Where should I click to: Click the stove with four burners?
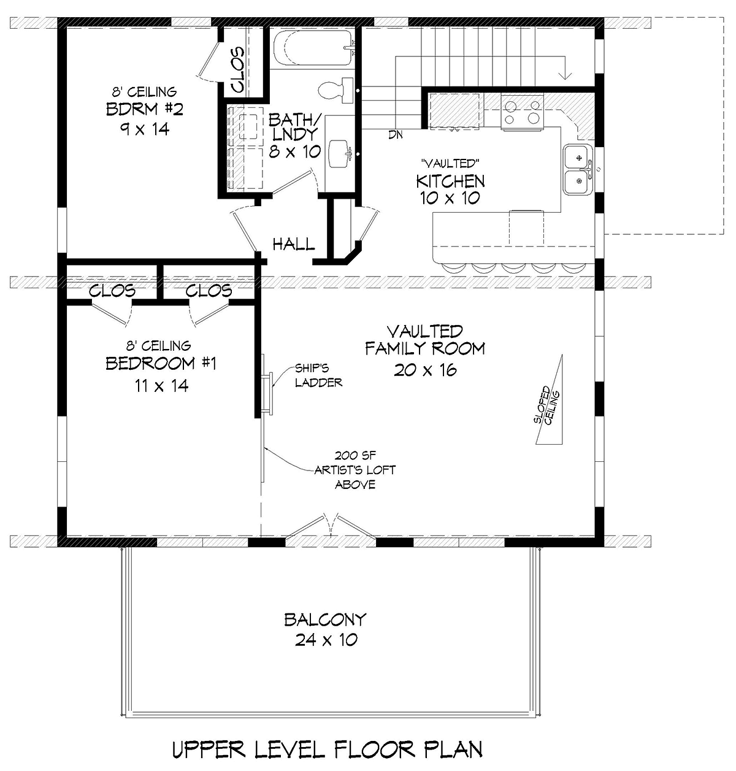pos(522,112)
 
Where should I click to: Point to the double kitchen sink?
pos(578,169)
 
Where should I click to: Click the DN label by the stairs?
pos(395,135)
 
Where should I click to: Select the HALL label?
pos(294,244)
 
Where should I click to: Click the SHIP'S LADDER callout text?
pos(318,375)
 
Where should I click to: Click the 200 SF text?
pos(355,455)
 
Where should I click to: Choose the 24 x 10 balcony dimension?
pos(326,640)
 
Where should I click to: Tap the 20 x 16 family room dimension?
pos(425,370)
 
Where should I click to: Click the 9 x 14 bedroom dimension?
pos(145,129)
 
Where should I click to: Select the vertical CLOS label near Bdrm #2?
pos(237,69)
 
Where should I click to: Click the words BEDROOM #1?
pos(161,363)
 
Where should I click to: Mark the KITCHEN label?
pos(450,181)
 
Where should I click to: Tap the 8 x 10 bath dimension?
pos(294,152)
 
